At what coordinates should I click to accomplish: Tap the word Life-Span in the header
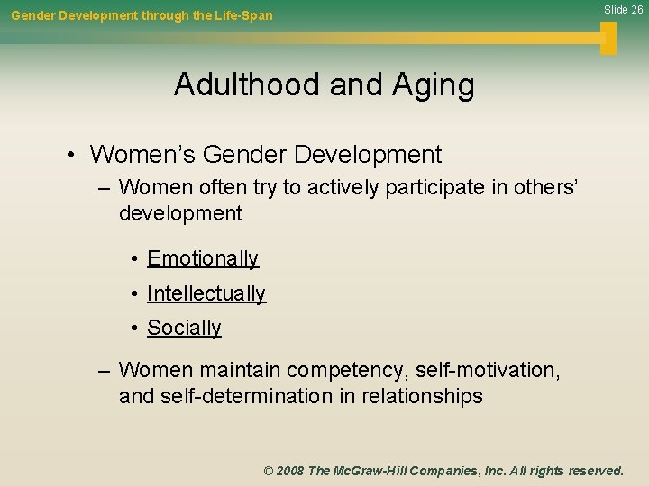244,15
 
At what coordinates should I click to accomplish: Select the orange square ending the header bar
608,38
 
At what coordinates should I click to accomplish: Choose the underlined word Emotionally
203,259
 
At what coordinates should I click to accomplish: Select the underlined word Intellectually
206,294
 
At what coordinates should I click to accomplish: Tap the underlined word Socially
184,328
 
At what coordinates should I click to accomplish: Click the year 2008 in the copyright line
290,471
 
